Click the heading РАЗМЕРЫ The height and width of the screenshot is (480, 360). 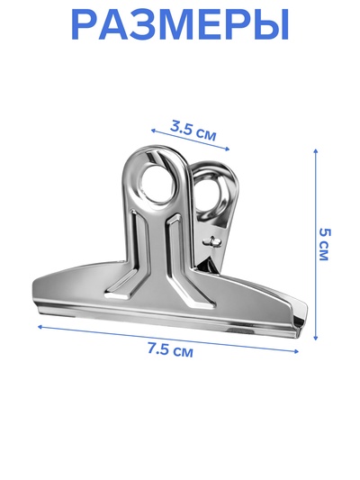(x=180, y=24)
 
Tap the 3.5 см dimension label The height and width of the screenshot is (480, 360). (x=193, y=131)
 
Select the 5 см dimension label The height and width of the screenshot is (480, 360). (x=324, y=244)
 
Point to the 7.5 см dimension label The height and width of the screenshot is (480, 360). (x=170, y=349)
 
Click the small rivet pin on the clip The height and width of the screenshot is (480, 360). (x=212, y=241)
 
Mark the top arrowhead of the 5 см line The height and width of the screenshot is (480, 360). (x=316, y=151)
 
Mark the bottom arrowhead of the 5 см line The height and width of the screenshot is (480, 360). (x=316, y=338)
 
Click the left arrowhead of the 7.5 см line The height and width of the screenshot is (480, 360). (x=40, y=327)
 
